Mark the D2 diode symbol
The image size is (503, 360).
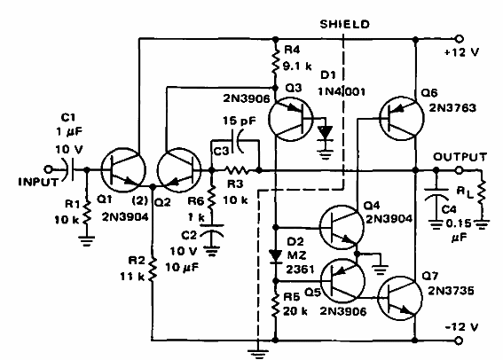click(276, 257)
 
